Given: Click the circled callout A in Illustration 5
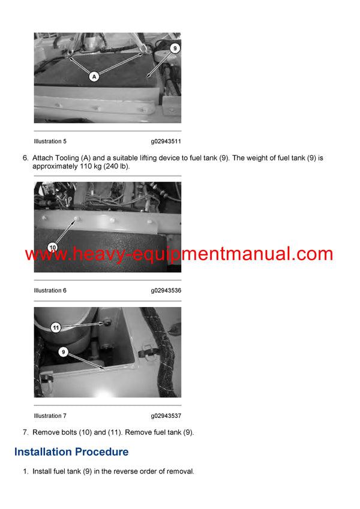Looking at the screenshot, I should click(x=94, y=76).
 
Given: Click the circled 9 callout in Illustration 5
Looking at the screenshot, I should click(x=174, y=47).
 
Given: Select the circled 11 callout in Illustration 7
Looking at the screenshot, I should click(x=55, y=327).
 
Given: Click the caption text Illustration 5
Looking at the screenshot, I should click(x=50, y=141).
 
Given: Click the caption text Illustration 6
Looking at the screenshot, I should click(x=50, y=290).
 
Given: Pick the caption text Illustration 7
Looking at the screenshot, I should click(x=50, y=415).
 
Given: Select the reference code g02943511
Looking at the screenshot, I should click(x=166, y=141).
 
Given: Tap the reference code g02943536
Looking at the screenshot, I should click(x=166, y=290).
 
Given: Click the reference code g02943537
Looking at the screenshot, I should click(x=166, y=415).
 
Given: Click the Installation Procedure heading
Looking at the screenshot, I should click(x=71, y=451).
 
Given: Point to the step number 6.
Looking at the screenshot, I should click(x=25, y=158).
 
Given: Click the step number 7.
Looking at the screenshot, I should click(x=25, y=432).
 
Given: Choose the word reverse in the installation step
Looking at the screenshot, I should click(x=120, y=472).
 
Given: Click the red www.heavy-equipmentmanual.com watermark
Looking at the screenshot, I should click(x=179, y=254).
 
